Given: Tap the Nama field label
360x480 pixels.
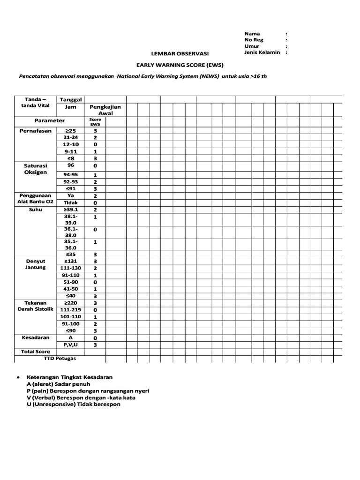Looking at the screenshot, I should click(252, 34).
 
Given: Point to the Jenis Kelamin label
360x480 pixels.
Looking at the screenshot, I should click(262, 52).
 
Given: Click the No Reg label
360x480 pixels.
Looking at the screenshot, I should click(254, 40).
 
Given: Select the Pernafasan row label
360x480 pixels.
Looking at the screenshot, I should click(35, 131).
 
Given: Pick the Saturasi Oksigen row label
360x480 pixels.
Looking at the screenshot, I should click(35, 169).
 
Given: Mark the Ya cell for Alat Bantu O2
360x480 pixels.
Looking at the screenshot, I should click(70, 195).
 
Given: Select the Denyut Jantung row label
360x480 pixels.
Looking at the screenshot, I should click(35, 264).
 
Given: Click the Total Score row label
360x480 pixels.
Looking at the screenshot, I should click(35, 352).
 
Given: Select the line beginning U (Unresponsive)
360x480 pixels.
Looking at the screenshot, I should click(74, 404).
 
